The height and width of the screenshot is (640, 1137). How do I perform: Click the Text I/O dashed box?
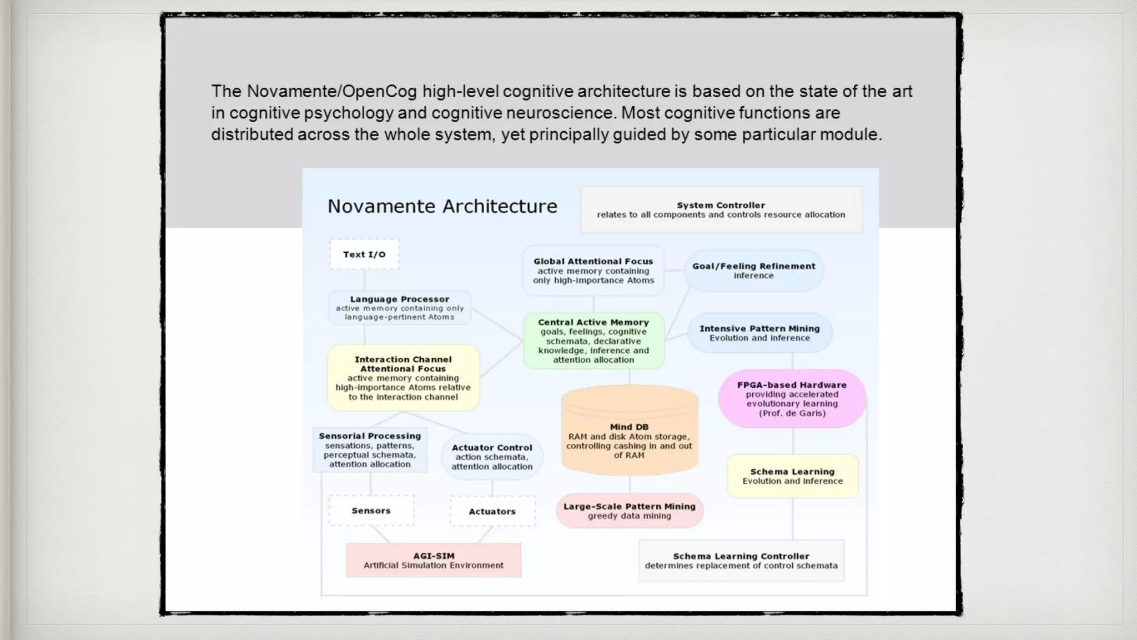(x=364, y=254)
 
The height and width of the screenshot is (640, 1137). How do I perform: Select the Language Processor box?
(x=400, y=308)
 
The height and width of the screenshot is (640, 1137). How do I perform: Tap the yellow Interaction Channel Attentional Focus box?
(x=403, y=378)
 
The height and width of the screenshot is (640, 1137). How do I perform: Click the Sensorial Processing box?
(x=370, y=450)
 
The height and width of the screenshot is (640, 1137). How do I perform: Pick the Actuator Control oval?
(x=492, y=457)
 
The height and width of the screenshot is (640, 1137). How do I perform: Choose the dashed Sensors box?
(x=371, y=511)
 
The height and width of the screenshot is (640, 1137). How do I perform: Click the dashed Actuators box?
(x=492, y=511)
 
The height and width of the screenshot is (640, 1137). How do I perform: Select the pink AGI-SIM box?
(x=434, y=560)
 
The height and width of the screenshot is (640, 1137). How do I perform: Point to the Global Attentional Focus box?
(x=593, y=271)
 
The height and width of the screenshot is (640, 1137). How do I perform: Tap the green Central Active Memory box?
(x=593, y=341)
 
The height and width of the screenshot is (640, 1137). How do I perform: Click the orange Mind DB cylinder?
(x=629, y=433)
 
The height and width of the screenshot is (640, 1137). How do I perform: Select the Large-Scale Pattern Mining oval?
(x=630, y=511)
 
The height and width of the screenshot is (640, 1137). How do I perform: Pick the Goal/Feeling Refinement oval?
(x=753, y=271)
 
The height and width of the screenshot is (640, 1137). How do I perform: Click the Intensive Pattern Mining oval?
(x=759, y=333)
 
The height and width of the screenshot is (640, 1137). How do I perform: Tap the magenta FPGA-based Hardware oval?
(x=792, y=398)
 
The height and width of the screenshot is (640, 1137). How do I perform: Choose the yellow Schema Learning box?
(x=792, y=476)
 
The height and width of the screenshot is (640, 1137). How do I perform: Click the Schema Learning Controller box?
(x=741, y=561)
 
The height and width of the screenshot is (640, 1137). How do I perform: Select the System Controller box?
(x=721, y=209)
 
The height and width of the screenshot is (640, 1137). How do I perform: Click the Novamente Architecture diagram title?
(x=442, y=206)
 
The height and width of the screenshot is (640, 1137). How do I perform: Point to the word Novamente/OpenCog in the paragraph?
(x=331, y=91)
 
